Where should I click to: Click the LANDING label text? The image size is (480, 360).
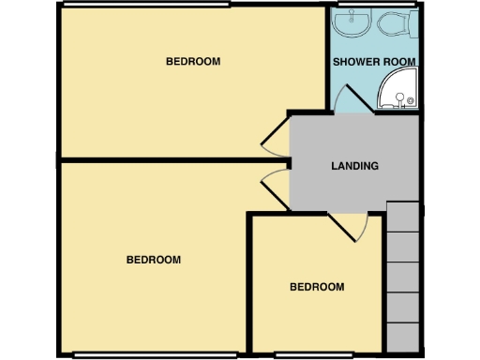(354, 167)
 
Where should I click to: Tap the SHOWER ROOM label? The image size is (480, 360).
(375, 62)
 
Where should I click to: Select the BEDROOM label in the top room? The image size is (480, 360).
(192, 62)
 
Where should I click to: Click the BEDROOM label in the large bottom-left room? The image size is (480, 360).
(153, 260)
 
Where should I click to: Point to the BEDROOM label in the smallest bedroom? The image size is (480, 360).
(316, 287)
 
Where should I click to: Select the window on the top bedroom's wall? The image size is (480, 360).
(145, 5)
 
